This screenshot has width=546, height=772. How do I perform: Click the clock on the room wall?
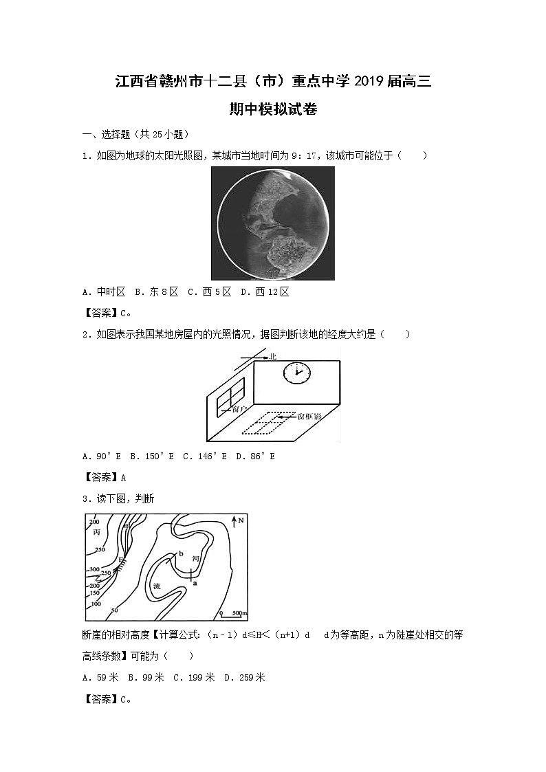[x=296, y=373]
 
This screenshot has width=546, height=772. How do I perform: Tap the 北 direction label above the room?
[x=273, y=356]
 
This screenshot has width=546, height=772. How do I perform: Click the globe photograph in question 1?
[x=273, y=223]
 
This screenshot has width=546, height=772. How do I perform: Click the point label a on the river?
[x=195, y=582]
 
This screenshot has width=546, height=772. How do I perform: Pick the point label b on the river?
[x=180, y=553]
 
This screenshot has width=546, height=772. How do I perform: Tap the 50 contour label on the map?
[x=115, y=609]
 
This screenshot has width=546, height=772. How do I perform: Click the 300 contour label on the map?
[x=94, y=570]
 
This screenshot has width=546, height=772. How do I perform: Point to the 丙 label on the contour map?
[x=96, y=532]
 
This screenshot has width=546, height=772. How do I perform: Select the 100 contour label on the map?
[x=96, y=604]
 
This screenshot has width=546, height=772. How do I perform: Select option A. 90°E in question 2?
[x=101, y=456]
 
